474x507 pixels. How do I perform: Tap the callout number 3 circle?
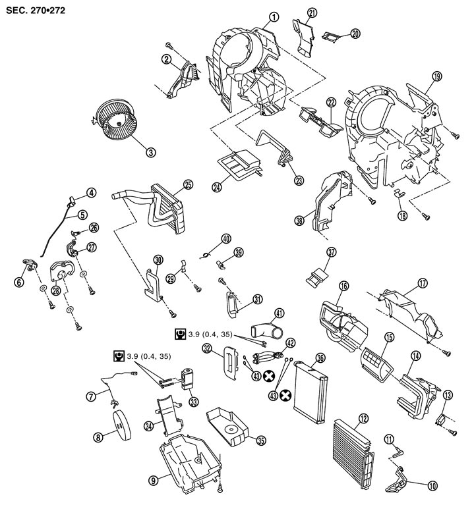[x=151, y=151]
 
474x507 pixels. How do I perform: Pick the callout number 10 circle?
[x=432, y=487]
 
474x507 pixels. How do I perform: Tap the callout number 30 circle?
[x=158, y=259]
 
